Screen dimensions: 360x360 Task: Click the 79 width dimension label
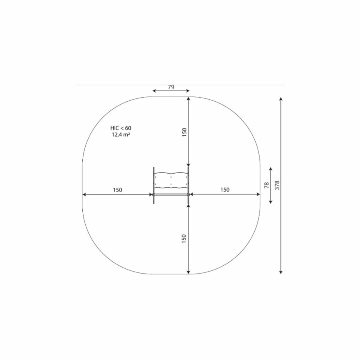coord(171,87)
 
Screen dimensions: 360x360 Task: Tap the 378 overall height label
coord(277,185)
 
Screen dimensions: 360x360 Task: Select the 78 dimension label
coord(266,185)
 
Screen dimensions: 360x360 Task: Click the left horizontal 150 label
coord(118,190)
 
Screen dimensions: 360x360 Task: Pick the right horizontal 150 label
coord(225,190)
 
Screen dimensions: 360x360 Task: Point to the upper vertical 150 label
coord(184,132)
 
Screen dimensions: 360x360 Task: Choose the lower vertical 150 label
coord(184,239)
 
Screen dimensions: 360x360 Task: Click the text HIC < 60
coord(121,128)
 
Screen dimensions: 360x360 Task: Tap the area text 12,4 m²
coord(121,134)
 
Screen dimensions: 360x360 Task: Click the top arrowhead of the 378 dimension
coord(280,99)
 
